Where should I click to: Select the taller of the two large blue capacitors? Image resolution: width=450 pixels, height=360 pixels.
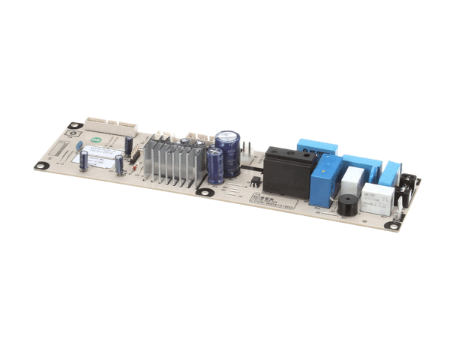click(228, 152)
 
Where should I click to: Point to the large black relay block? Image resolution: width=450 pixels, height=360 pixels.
click(289, 169)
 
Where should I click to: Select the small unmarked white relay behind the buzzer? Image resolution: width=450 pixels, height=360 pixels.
click(352, 179)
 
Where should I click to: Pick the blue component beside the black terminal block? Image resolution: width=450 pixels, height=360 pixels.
click(390, 172)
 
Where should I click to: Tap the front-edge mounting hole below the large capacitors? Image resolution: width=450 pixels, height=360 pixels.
click(202, 192)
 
